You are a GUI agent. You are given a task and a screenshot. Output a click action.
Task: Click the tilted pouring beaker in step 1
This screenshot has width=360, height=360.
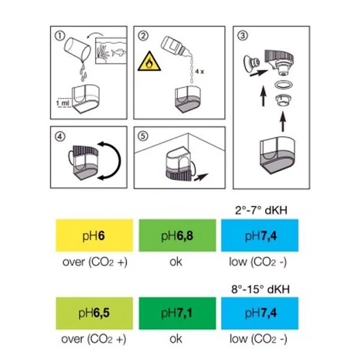pos(75,49)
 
